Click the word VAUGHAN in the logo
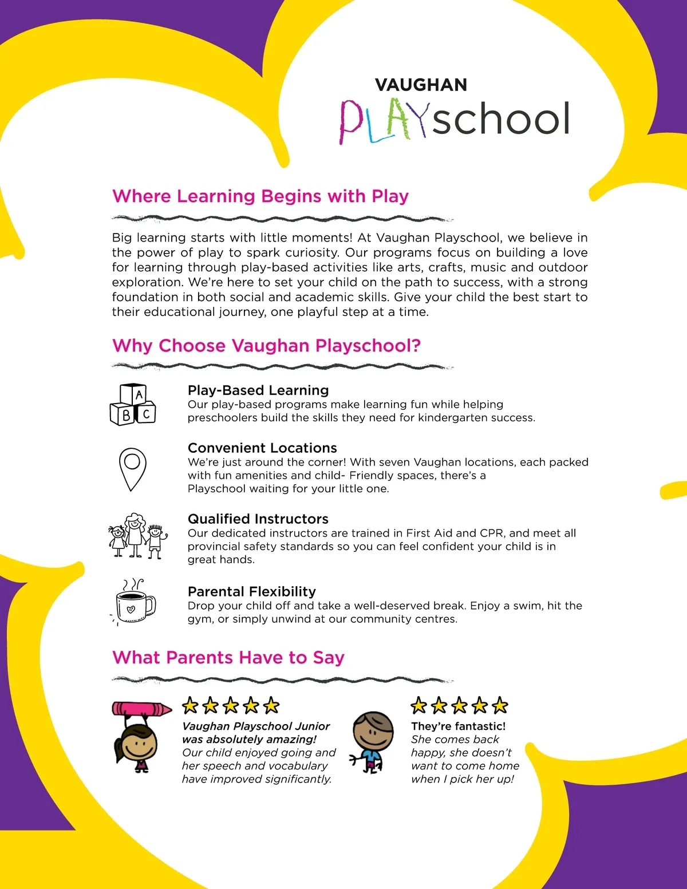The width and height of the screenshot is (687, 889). tap(421, 85)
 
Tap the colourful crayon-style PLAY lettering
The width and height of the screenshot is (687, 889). tap(382, 121)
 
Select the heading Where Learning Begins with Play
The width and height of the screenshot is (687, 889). tap(260, 196)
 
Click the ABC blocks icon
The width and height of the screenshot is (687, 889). tap(133, 404)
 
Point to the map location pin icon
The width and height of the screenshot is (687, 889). tap(132, 469)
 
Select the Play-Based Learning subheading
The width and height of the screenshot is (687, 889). tap(258, 390)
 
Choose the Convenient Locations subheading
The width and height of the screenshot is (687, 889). tap(262, 448)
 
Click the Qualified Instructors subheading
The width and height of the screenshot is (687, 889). tap(258, 519)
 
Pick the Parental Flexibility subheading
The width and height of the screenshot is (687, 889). tap(252, 592)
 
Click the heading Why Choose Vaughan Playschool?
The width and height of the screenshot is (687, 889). tap(267, 346)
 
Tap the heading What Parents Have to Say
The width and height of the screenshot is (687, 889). tap(228, 658)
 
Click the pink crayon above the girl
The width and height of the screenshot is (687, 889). tap(141, 709)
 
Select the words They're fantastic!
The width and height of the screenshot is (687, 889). tap(459, 726)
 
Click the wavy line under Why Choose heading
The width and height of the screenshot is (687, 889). tap(283, 366)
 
